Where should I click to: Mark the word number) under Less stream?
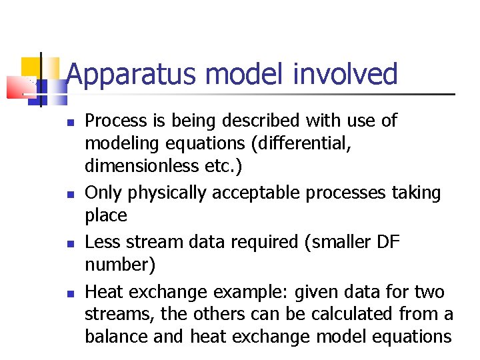(120, 265)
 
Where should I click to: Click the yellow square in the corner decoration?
(31, 67)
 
